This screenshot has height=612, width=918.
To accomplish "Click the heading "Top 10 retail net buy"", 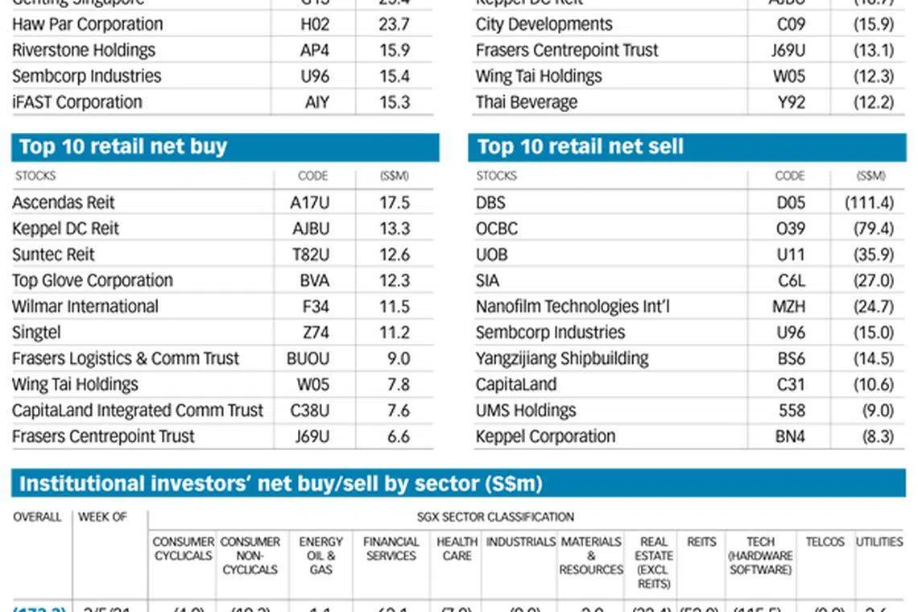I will pyautogui.click(x=122, y=147).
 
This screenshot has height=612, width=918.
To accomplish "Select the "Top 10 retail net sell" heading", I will pyautogui.click(x=580, y=147).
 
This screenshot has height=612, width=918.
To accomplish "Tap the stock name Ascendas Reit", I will pyautogui.click(x=64, y=202).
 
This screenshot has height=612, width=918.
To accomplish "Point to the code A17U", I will pyautogui.click(x=310, y=202).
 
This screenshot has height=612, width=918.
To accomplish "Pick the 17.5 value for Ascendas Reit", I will pyautogui.click(x=395, y=202).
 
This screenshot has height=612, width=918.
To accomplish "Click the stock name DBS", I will pyautogui.click(x=490, y=202).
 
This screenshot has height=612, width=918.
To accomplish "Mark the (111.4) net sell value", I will pyautogui.click(x=869, y=202).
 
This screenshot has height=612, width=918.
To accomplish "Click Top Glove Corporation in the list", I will pyautogui.click(x=93, y=280).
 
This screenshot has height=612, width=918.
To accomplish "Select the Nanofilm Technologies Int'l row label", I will pyautogui.click(x=573, y=307).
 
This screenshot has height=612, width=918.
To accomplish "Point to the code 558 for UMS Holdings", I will pyautogui.click(x=792, y=411).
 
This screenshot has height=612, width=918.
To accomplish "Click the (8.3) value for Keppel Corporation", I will pyautogui.click(x=877, y=436).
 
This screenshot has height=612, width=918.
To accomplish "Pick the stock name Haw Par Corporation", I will pyautogui.click(x=87, y=24).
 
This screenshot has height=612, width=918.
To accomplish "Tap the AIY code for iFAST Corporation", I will pyautogui.click(x=317, y=102).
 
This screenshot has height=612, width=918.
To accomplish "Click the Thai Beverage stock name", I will pyautogui.click(x=527, y=102).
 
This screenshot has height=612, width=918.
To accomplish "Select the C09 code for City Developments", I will pyautogui.click(x=791, y=24).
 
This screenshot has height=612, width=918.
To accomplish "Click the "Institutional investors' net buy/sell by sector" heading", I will pyautogui.click(x=280, y=483).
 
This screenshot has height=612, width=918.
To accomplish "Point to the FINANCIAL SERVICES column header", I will pyautogui.click(x=391, y=548).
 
